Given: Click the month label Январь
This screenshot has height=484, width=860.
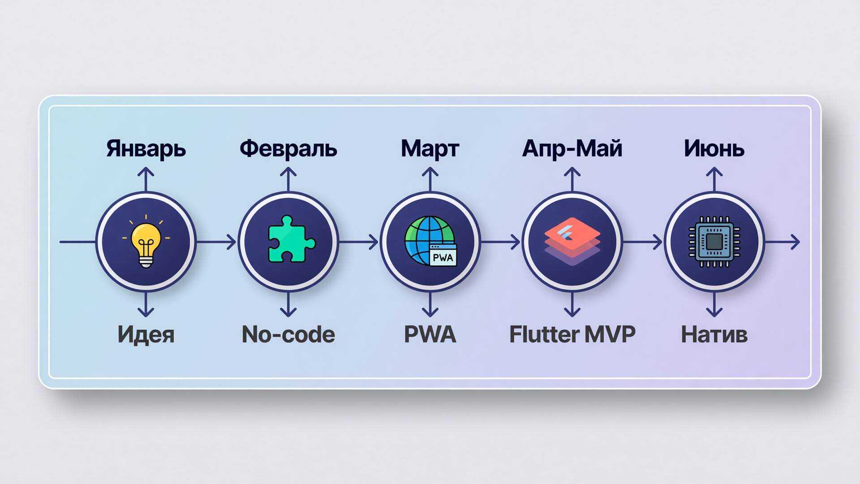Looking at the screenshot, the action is point(146,149).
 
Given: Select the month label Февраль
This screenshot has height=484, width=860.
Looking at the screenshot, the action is point(288,148).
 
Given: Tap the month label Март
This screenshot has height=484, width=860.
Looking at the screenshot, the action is point(430,149).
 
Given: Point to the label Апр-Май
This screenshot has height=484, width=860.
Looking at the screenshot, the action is point(572,148).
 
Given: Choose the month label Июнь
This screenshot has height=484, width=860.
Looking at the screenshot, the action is point(714,149).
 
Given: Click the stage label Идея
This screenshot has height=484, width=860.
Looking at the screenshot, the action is point(146,335).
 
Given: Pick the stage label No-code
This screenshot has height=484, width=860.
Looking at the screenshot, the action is point(288,334).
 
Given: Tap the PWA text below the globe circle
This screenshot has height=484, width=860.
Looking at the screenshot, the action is point(430,334).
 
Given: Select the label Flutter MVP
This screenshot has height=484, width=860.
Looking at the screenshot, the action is point(572,334).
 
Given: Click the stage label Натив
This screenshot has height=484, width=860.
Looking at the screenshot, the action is point(714,335).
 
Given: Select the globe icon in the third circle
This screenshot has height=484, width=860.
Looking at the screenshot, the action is point(429,240).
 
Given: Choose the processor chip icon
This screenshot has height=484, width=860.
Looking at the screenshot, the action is point(714,242).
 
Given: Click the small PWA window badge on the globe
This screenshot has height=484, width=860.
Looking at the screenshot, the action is point(443,255).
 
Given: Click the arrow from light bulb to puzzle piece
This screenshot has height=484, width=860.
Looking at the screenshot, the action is point(216,242).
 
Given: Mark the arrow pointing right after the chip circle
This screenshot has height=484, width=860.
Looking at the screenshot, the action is point(782,242).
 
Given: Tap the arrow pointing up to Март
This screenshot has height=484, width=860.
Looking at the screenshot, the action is point(430,179).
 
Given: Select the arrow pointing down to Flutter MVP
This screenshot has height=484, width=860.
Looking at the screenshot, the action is point(572,305).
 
